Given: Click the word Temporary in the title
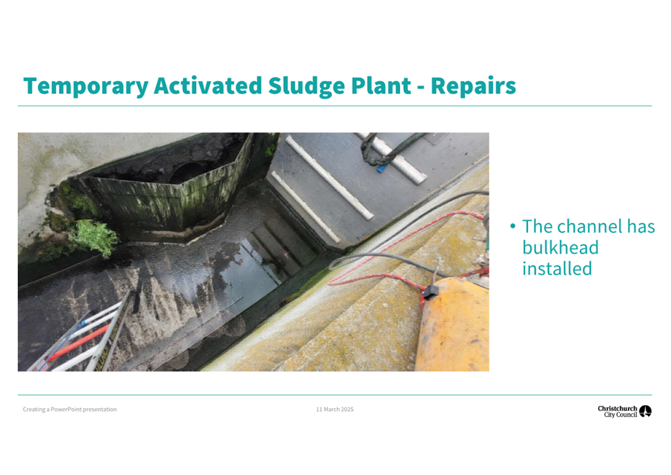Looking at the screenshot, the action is (85, 86).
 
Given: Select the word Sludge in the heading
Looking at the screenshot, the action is (306, 86).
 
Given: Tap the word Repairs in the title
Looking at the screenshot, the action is (473, 86).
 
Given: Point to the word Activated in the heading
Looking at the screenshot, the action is (208, 86).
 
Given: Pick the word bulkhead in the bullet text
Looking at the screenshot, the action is (560, 247).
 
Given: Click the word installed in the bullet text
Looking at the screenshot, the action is (557, 269).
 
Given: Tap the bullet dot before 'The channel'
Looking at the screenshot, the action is (513, 226).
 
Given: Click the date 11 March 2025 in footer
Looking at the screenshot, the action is (335, 409).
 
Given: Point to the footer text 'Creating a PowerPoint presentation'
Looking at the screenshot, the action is (70, 409).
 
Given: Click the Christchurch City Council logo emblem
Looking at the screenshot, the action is (645, 411).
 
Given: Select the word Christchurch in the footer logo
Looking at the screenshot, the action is (617, 408).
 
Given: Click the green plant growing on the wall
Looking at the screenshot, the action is (93, 237).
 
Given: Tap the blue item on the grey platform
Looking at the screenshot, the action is (381, 167).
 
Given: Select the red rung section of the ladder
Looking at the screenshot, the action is (77, 343).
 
